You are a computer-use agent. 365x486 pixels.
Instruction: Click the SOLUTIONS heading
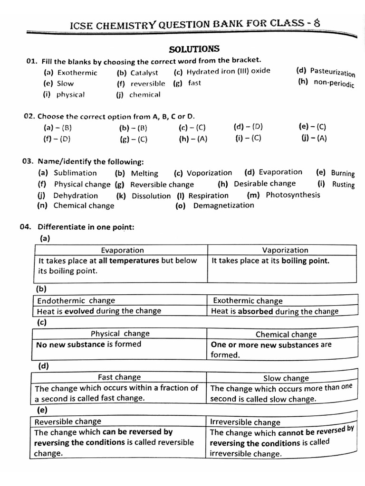pos(194,49)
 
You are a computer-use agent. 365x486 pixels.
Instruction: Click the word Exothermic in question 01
pos(77,73)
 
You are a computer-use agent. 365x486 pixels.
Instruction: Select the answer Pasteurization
pos(332,72)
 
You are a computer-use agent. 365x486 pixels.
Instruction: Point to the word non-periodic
pos(334,83)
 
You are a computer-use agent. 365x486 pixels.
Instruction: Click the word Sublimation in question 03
pos(75,173)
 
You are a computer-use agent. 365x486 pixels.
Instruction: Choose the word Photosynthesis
pos(293,195)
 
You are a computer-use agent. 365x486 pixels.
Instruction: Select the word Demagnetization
pos(223,206)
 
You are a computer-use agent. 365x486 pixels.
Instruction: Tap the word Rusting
pos(343,185)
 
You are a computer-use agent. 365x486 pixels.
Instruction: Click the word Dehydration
pos(76,196)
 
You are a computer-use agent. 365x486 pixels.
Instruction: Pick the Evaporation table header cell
pos(122,250)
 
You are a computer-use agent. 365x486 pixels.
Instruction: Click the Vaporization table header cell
pos(285,250)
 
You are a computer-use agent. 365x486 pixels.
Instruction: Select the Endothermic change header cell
pos(76,300)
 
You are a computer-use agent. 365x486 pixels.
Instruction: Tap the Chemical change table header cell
pos(286,335)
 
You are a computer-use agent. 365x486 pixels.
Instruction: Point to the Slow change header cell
pos(286,378)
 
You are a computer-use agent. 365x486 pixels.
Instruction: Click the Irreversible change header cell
pos(245,422)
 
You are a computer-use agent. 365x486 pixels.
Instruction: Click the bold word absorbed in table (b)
pos(255,311)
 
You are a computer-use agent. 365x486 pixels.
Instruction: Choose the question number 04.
pos(26,227)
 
